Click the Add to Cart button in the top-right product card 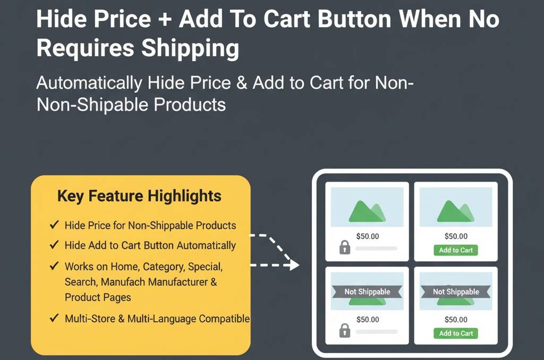455,250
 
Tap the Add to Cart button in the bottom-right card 455,333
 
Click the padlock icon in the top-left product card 344,247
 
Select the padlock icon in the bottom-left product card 344,330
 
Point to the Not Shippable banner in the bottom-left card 367,292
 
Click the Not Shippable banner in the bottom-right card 456,292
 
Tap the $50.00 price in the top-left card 368,236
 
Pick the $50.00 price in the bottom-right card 456,320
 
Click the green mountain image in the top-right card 455,211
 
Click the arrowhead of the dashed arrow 294,265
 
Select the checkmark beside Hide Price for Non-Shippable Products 54,225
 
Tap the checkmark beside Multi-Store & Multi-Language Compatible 54,318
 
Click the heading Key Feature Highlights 139,196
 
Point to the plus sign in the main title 165,20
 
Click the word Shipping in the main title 190,48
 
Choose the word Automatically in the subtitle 89,83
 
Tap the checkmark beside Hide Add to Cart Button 54,245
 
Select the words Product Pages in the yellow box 98,297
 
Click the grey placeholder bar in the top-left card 377,248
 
